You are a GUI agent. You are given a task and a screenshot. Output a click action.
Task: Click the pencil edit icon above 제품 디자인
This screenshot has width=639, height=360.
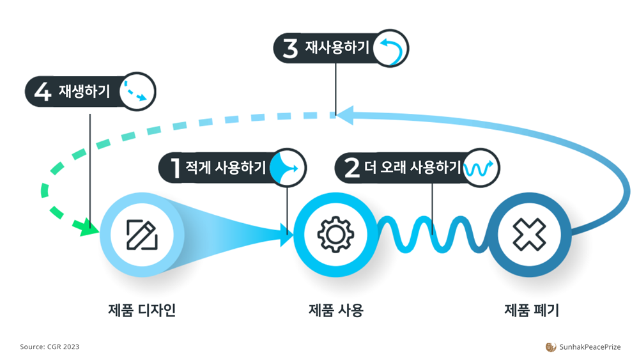142,234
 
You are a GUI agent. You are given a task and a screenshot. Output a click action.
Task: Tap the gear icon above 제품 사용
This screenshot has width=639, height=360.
335,234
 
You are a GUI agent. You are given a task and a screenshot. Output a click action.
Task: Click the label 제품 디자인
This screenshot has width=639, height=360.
142,311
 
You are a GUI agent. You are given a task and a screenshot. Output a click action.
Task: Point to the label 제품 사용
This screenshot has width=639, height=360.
335,311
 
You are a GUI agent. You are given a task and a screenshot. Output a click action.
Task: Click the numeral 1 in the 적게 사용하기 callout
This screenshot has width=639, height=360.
174,168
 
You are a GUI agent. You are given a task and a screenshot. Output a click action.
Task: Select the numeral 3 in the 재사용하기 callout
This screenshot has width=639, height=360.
290,49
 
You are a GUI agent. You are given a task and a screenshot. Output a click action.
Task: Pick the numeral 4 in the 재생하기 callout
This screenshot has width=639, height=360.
42,92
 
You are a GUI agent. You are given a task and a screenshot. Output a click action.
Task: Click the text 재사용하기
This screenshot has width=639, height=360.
336,49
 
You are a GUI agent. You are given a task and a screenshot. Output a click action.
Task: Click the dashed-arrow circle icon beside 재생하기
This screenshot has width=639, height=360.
137,92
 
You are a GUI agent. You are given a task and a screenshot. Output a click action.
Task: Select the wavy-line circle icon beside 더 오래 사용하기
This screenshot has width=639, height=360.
481,168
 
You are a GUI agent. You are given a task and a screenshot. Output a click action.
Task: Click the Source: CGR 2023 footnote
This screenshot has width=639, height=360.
50,347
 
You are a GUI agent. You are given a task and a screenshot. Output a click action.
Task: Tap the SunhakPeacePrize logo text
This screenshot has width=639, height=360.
589,347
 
